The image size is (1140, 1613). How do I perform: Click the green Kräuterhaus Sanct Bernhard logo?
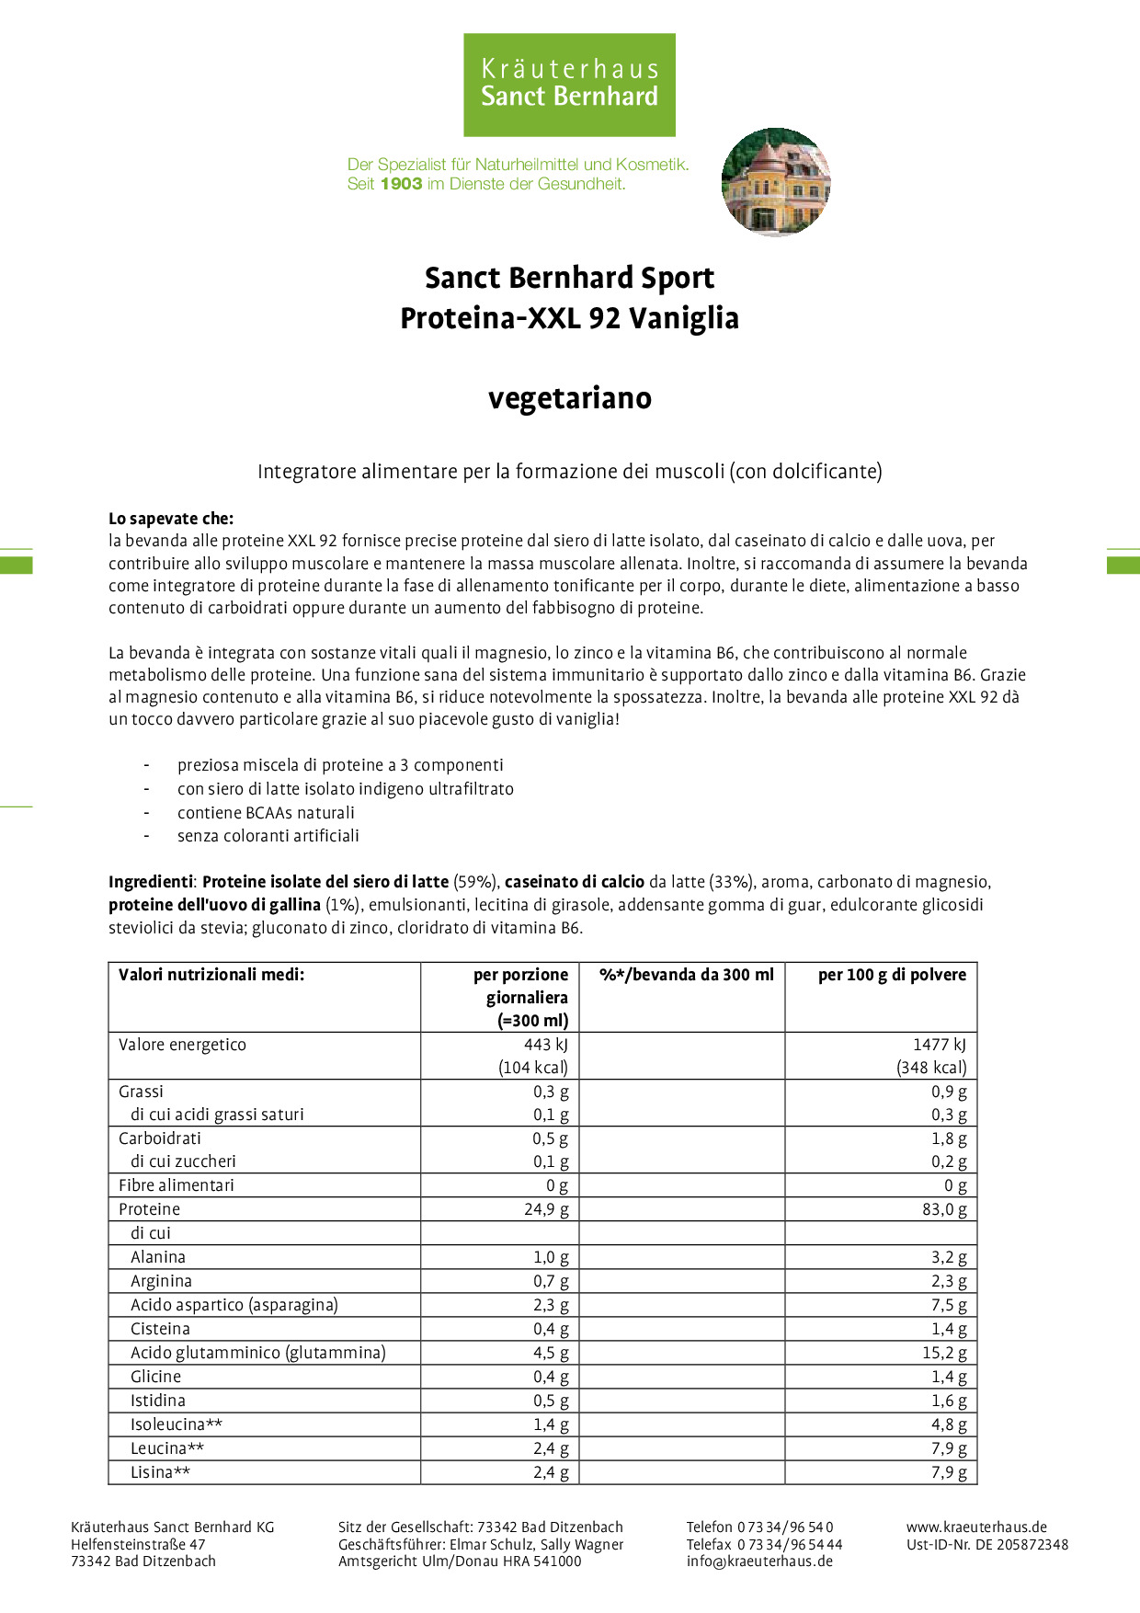[x=569, y=85]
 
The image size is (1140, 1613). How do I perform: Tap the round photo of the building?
[x=776, y=182]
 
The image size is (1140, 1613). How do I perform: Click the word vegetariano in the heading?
[x=570, y=398]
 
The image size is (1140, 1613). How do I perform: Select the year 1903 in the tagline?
[x=401, y=184]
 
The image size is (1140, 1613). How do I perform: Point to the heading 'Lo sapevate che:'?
[x=171, y=519]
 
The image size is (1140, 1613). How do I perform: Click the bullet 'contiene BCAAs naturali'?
[x=266, y=813]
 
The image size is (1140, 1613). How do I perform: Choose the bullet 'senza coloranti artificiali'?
[x=268, y=836]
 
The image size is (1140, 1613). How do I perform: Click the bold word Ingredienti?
[x=151, y=882]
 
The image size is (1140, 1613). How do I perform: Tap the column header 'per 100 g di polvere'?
[x=892, y=975]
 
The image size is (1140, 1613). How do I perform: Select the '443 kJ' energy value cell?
[x=546, y=1045]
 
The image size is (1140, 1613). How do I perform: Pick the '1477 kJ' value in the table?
[x=940, y=1045]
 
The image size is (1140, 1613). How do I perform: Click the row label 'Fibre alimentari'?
[x=177, y=1185]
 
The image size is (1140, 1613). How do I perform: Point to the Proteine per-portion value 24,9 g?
[x=546, y=1209]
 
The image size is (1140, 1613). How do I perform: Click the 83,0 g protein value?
[x=944, y=1209]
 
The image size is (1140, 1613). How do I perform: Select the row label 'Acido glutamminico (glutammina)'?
[x=258, y=1353]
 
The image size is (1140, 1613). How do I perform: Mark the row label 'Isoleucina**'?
[x=177, y=1424]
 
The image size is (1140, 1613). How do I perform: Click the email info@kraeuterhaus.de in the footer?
[x=759, y=1561]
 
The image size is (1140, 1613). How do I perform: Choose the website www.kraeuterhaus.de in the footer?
[x=976, y=1527]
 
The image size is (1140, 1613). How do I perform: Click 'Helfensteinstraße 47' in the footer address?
[x=138, y=1544]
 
